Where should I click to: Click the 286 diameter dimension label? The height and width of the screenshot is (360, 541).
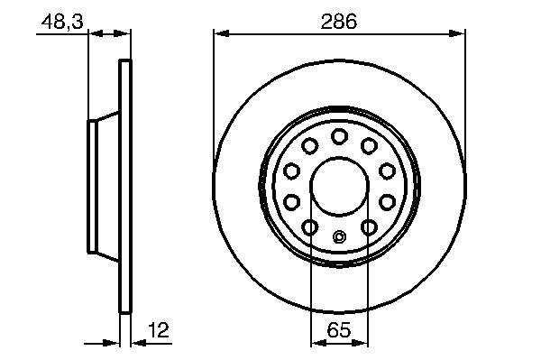[x=338, y=22]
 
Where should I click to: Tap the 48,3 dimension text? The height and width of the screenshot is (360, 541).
[x=62, y=22]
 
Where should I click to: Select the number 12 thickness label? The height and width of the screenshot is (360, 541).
[x=159, y=330]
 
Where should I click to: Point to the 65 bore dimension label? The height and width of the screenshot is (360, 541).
[x=339, y=330]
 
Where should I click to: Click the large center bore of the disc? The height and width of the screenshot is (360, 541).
[x=340, y=187]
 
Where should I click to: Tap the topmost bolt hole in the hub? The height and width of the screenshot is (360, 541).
[x=339, y=136]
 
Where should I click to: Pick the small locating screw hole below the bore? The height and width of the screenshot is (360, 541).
[x=339, y=236]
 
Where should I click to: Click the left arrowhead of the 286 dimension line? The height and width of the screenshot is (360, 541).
[x=222, y=33]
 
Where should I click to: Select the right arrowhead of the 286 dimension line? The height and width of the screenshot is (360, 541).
[x=457, y=33]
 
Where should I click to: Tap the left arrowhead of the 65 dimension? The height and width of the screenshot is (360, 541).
[x=319, y=343]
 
